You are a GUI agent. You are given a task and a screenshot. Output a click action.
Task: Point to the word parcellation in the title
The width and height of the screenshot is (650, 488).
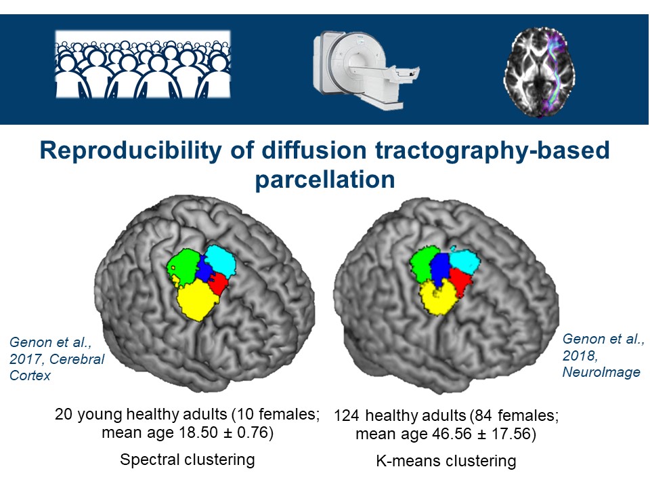(324, 180)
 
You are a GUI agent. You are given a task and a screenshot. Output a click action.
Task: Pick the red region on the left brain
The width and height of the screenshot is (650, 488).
(219, 283)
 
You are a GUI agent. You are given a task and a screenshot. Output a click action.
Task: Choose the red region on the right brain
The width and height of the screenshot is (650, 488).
(460, 281)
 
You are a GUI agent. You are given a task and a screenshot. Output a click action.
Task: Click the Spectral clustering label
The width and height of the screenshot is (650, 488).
(187, 460)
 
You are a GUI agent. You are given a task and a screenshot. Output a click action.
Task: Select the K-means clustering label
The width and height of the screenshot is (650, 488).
(446, 462)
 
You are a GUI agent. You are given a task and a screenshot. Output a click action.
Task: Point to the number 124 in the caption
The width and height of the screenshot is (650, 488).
(347, 415)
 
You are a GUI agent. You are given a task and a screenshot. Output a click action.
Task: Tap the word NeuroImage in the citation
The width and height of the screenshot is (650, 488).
(602, 371)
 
